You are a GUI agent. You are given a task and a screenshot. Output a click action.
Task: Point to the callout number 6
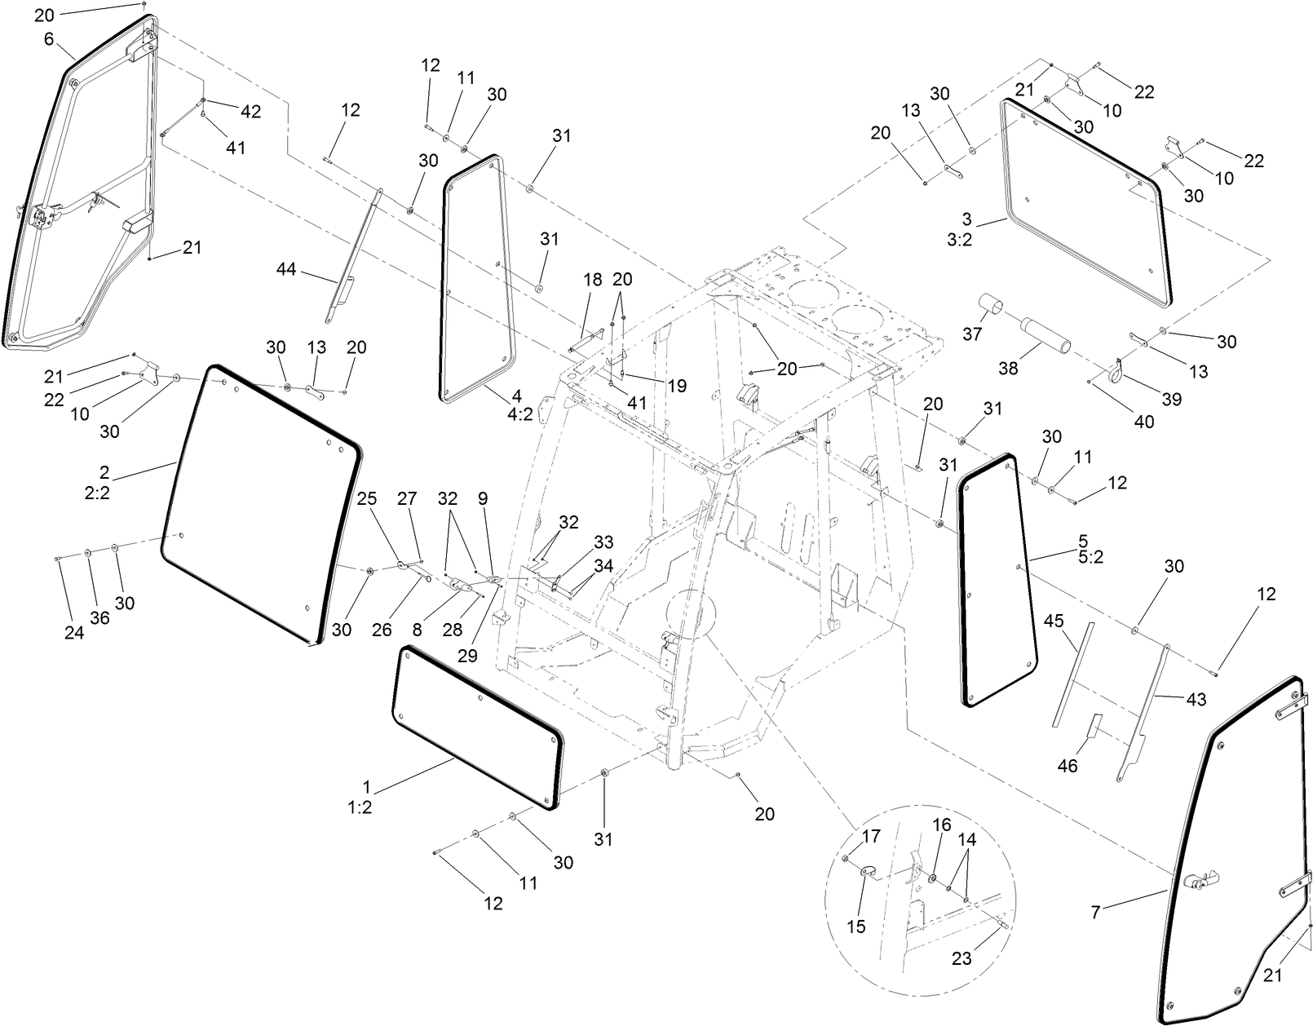click(49, 38)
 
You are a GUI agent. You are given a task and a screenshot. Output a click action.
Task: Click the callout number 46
click(1068, 766)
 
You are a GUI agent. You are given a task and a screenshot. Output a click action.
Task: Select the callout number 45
click(1054, 621)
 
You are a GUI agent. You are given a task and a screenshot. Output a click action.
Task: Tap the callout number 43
click(1196, 699)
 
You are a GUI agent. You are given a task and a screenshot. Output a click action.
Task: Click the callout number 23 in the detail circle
click(962, 958)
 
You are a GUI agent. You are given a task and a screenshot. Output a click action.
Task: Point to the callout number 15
click(856, 926)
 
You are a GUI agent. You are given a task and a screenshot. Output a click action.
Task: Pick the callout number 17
click(873, 836)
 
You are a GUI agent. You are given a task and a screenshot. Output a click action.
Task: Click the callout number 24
click(74, 633)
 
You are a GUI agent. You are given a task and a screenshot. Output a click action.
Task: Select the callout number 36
click(99, 618)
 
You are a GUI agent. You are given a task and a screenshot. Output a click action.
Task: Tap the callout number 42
click(250, 112)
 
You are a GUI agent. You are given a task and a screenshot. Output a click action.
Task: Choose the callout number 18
click(592, 280)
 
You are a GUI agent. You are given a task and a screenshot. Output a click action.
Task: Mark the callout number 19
click(677, 386)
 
